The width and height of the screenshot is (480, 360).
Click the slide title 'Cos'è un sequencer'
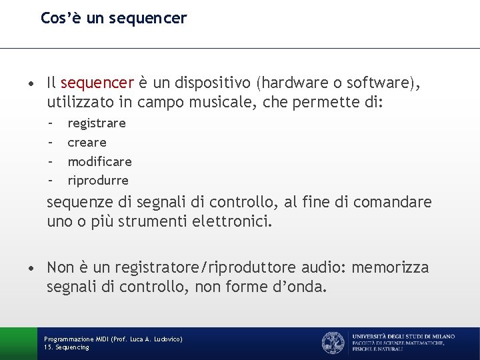[113, 18]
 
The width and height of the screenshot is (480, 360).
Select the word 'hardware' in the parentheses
[291, 83]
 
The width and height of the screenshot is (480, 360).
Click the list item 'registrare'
[97, 123]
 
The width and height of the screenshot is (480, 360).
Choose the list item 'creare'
[87, 142]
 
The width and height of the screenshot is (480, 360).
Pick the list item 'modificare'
[100, 161]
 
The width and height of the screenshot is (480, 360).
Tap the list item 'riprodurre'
[98, 181]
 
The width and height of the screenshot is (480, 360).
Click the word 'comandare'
[393, 201]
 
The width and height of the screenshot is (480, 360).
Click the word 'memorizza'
[390, 268]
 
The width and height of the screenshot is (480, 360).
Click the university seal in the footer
[333, 343]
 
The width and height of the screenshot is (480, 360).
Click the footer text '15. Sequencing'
[67, 347]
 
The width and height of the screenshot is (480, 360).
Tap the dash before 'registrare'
[51, 123]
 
